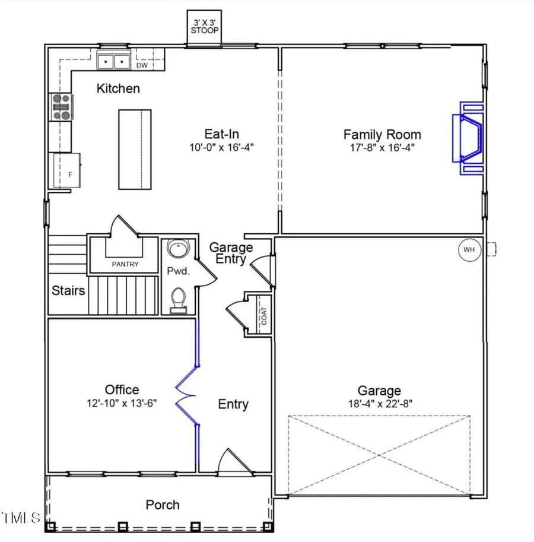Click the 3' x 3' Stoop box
point(204,27)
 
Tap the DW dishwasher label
point(142,65)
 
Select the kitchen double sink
point(113,61)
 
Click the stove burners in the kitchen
point(61,107)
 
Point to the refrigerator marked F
point(65,171)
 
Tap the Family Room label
point(382,135)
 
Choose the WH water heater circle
point(469,249)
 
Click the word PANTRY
point(125,264)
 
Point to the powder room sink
point(176,248)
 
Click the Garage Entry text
point(231,253)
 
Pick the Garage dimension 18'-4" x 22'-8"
point(379,404)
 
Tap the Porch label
point(163,505)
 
